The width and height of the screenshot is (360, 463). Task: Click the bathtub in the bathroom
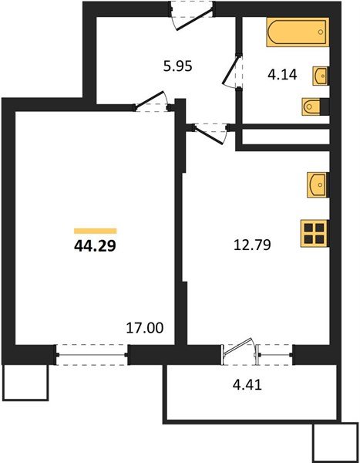click(x=296, y=34)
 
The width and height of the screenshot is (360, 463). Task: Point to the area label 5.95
click(x=177, y=66)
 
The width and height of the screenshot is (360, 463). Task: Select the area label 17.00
click(x=144, y=328)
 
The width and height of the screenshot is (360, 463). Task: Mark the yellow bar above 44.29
click(x=95, y=230)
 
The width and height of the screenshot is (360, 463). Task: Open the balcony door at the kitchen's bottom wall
click(x=239, y=351)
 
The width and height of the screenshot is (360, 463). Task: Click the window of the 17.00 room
click(x=93, y=353)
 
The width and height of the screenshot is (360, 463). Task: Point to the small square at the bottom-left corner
click(x=25, y=381)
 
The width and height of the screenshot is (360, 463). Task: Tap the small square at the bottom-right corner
click(x=335, y=442)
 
